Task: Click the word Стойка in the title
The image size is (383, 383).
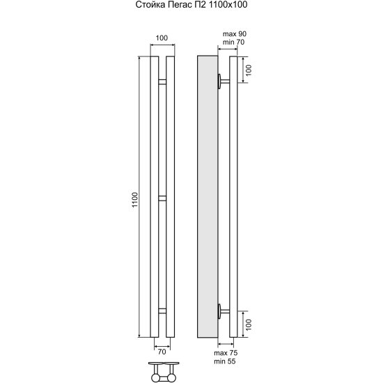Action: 150,5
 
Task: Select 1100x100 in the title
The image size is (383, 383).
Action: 227,5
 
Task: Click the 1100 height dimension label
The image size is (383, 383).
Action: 135,200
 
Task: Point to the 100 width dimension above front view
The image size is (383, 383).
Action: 162,38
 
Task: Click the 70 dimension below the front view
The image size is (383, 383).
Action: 162,352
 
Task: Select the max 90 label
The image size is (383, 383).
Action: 235,34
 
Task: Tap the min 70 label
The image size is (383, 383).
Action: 233,42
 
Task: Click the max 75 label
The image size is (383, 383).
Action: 226,353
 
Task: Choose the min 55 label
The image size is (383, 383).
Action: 225,361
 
